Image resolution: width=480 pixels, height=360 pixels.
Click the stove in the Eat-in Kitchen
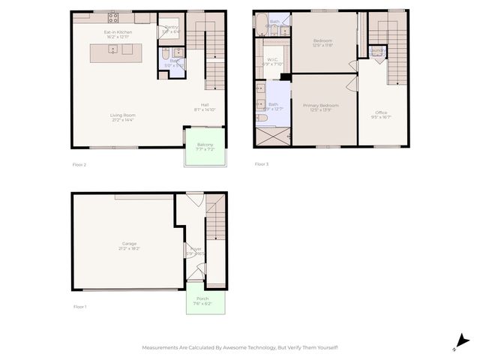point(113,16)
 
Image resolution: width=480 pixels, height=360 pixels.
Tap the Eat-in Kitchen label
point(118,32)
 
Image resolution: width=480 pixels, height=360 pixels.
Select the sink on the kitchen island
point(112,50)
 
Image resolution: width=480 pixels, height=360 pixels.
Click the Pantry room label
point(171,27)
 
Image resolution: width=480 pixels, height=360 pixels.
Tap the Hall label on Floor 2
point(205,104)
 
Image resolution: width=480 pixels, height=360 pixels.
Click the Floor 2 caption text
point(80,164)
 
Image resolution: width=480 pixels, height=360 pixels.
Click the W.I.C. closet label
point(272,59)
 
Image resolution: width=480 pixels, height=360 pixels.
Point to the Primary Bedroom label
point(321,106)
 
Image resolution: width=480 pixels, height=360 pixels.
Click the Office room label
point(381,112)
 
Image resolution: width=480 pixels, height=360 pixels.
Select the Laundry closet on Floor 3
point(377,52)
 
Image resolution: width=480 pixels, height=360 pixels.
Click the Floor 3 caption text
point(261,163)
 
